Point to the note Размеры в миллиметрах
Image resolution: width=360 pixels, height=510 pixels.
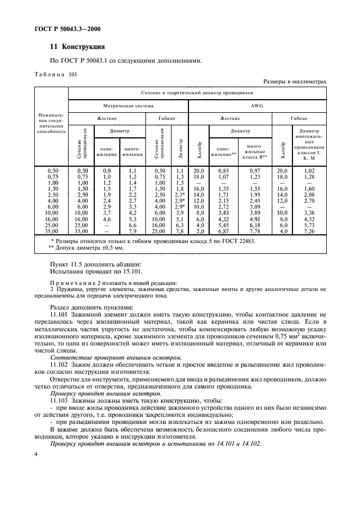[x=295, y=82]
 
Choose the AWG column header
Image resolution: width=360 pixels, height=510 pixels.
[x=257, y=105]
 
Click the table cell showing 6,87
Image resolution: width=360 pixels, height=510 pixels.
[x=223, y=232]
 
